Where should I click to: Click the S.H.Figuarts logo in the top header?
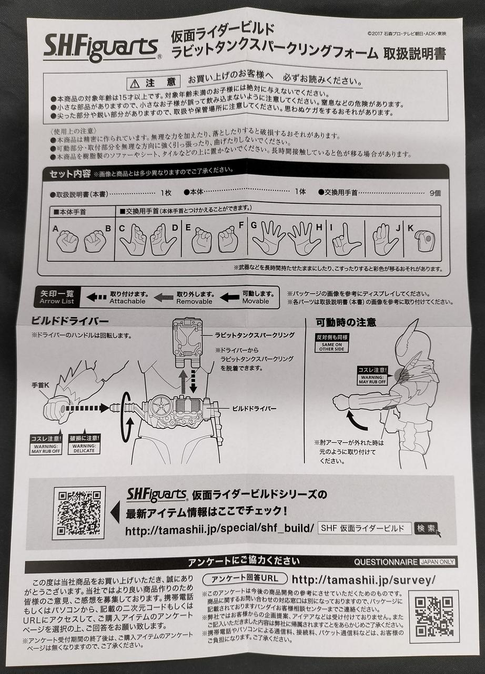click(x=102, y=47)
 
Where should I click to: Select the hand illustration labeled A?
click(x=67, y=241)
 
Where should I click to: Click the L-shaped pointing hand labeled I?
click(x=345, y=240)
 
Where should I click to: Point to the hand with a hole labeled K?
click(x=426, y=241)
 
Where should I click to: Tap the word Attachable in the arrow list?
click(x=127, y=301)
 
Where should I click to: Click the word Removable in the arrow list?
click(x=194, y=301)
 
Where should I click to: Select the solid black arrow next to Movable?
click(x=229, y=298)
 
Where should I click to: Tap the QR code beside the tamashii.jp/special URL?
click(x=79, y=512)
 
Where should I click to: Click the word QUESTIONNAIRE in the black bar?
click(x=386, y=562)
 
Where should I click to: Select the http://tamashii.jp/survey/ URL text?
click(x=363, y=580)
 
